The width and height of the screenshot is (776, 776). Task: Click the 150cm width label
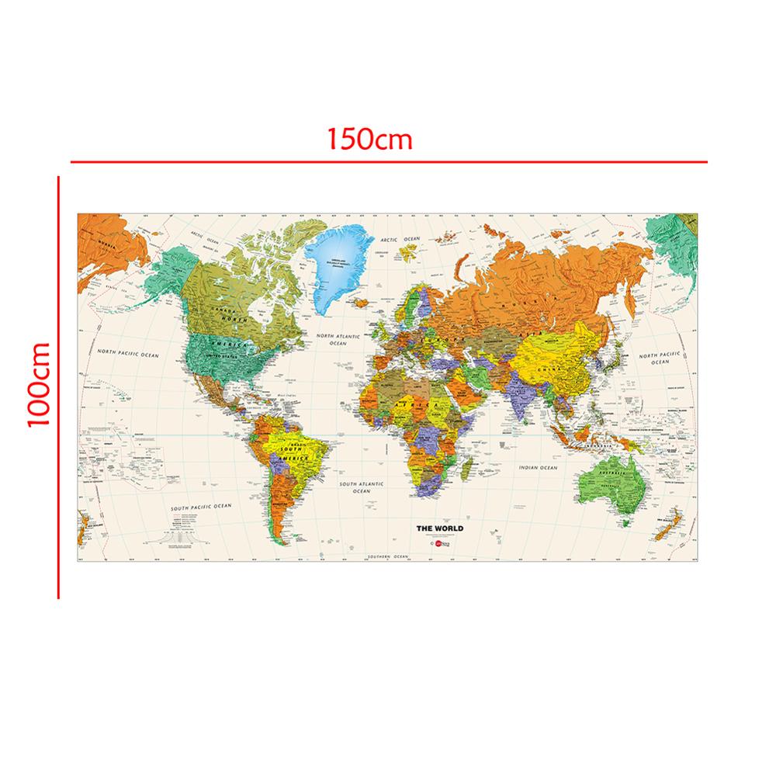tap(369, 140)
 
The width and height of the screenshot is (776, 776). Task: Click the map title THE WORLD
tap(440, 528)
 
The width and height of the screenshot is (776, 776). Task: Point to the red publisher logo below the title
tap(438, 545)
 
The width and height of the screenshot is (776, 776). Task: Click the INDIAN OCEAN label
tap(539, 469)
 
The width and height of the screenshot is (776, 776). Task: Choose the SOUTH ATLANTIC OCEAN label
tap(361, 487)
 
